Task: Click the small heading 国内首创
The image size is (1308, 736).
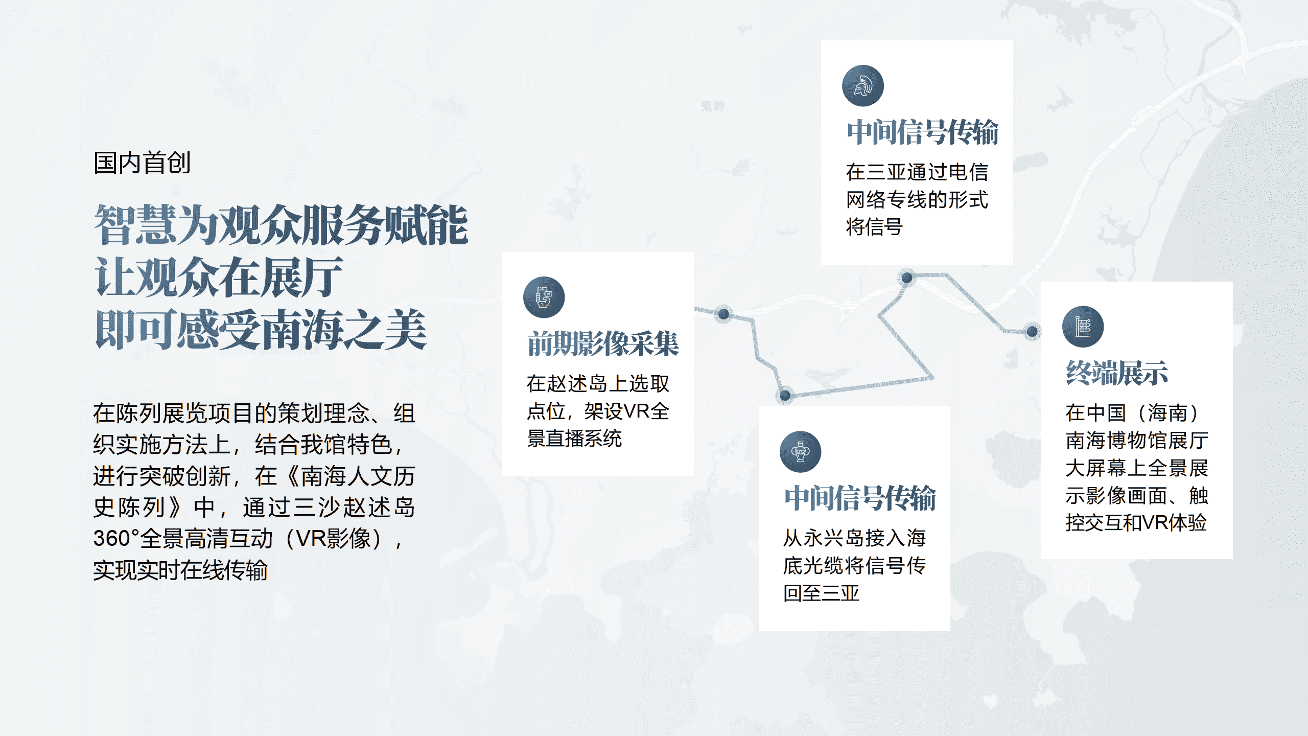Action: point(142,163)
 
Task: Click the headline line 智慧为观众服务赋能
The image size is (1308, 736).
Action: point(281,225)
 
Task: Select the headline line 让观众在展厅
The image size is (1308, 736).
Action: point(219,277)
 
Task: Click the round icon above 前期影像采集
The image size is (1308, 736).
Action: point(544,297)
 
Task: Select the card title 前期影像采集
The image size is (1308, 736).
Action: point(603,343)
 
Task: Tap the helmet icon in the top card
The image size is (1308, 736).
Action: point(863,86)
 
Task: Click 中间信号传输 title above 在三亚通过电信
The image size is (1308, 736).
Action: point(922,132)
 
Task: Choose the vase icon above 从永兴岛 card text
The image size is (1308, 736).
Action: point(800,452)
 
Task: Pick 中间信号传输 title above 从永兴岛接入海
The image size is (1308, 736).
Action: point(860,498)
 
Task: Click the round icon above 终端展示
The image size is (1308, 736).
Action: point(1083,327)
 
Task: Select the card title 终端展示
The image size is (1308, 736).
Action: point(1117,373)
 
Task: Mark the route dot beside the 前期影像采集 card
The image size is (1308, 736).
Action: point(723,314)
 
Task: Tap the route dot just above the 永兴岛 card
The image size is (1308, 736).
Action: point(785,395)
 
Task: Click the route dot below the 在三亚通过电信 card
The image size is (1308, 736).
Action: point(907,278)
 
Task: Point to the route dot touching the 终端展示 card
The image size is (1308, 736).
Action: point(1032,331)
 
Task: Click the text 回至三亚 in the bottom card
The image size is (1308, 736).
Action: point(822,593)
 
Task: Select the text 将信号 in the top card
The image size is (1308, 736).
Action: point(874,227)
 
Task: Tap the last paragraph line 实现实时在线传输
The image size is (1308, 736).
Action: point(180,570)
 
